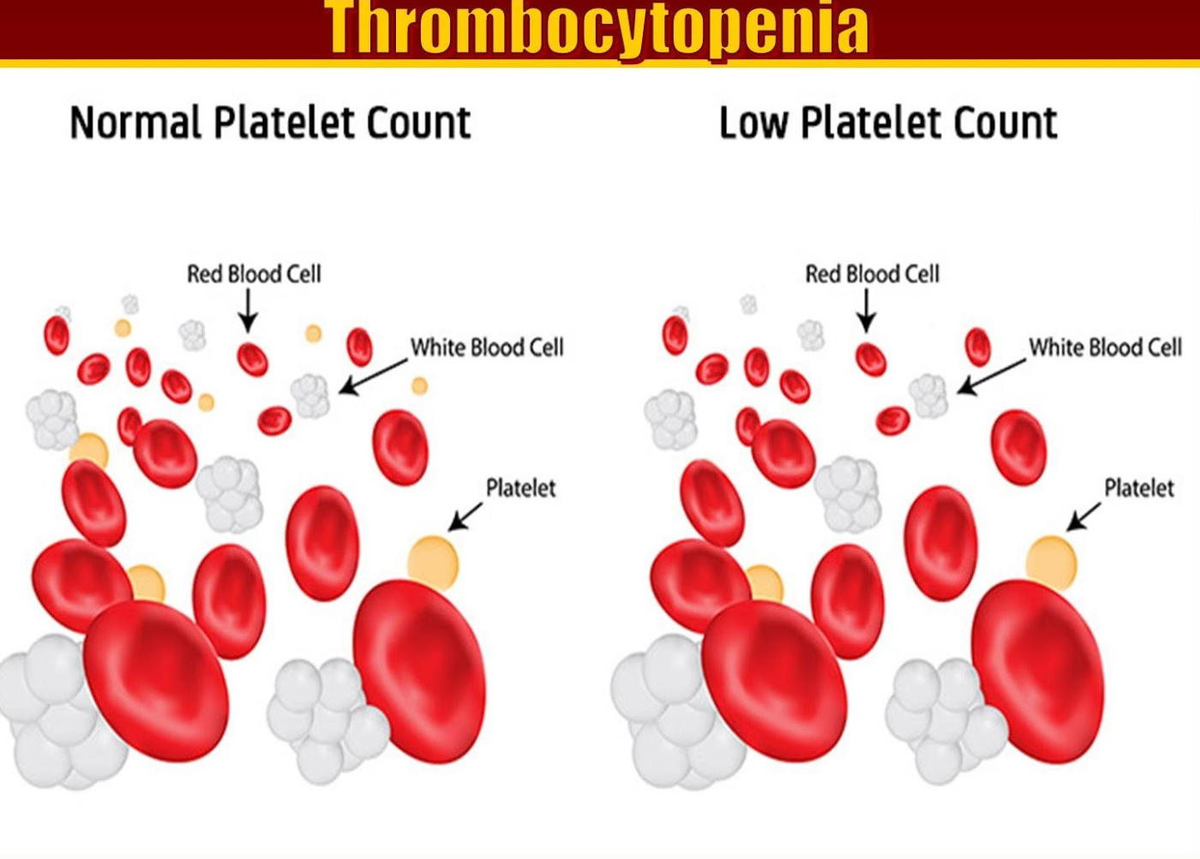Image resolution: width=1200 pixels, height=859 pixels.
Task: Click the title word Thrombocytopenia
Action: tap(598, 27)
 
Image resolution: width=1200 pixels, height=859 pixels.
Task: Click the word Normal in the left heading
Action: tap(136, 122)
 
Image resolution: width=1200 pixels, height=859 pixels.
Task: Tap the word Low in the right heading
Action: tap(753, 122)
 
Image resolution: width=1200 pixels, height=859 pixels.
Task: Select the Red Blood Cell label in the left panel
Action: tap(254, 275)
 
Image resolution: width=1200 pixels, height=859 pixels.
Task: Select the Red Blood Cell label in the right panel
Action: tap(873, 275)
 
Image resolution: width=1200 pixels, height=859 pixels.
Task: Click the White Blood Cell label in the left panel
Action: tap(488, 348)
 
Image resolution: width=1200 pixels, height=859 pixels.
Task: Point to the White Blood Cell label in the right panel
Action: tap(1106, 348)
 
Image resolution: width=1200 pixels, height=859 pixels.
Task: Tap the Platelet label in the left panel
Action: tap(521, 488)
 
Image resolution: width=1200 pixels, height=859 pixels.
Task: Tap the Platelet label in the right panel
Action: tap(1139, 488)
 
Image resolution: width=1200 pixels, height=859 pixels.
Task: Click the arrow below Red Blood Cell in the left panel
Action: tap(248, 310)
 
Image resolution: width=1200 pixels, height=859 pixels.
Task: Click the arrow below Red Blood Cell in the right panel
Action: tap(867, 310)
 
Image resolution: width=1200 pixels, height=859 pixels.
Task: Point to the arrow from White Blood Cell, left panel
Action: tap(374, 378)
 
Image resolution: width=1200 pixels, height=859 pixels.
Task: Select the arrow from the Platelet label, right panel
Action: tap(1083, 517)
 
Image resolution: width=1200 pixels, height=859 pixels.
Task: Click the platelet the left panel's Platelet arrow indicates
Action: tap(433, 562)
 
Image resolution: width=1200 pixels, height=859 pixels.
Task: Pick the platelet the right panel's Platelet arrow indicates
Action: tap(1051, 562)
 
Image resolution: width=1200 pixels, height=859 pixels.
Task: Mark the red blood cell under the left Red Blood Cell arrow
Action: tap(252, 359)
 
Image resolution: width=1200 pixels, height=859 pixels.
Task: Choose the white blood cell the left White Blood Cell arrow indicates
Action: tap(310, 396)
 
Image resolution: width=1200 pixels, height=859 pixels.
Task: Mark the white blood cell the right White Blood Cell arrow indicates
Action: tap(928, 396)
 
